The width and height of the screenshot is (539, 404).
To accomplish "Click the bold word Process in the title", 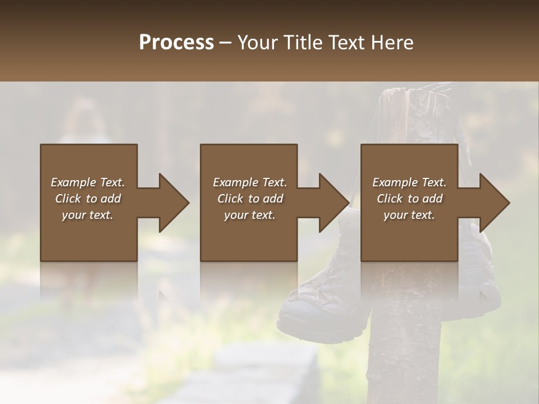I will point(176,43).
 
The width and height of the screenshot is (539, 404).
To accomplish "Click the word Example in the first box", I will point(74,182).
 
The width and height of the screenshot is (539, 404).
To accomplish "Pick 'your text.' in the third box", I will point(409,215).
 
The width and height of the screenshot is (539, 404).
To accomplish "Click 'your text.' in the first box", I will point(88,215).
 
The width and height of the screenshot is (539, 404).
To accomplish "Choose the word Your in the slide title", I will point(257,43).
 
